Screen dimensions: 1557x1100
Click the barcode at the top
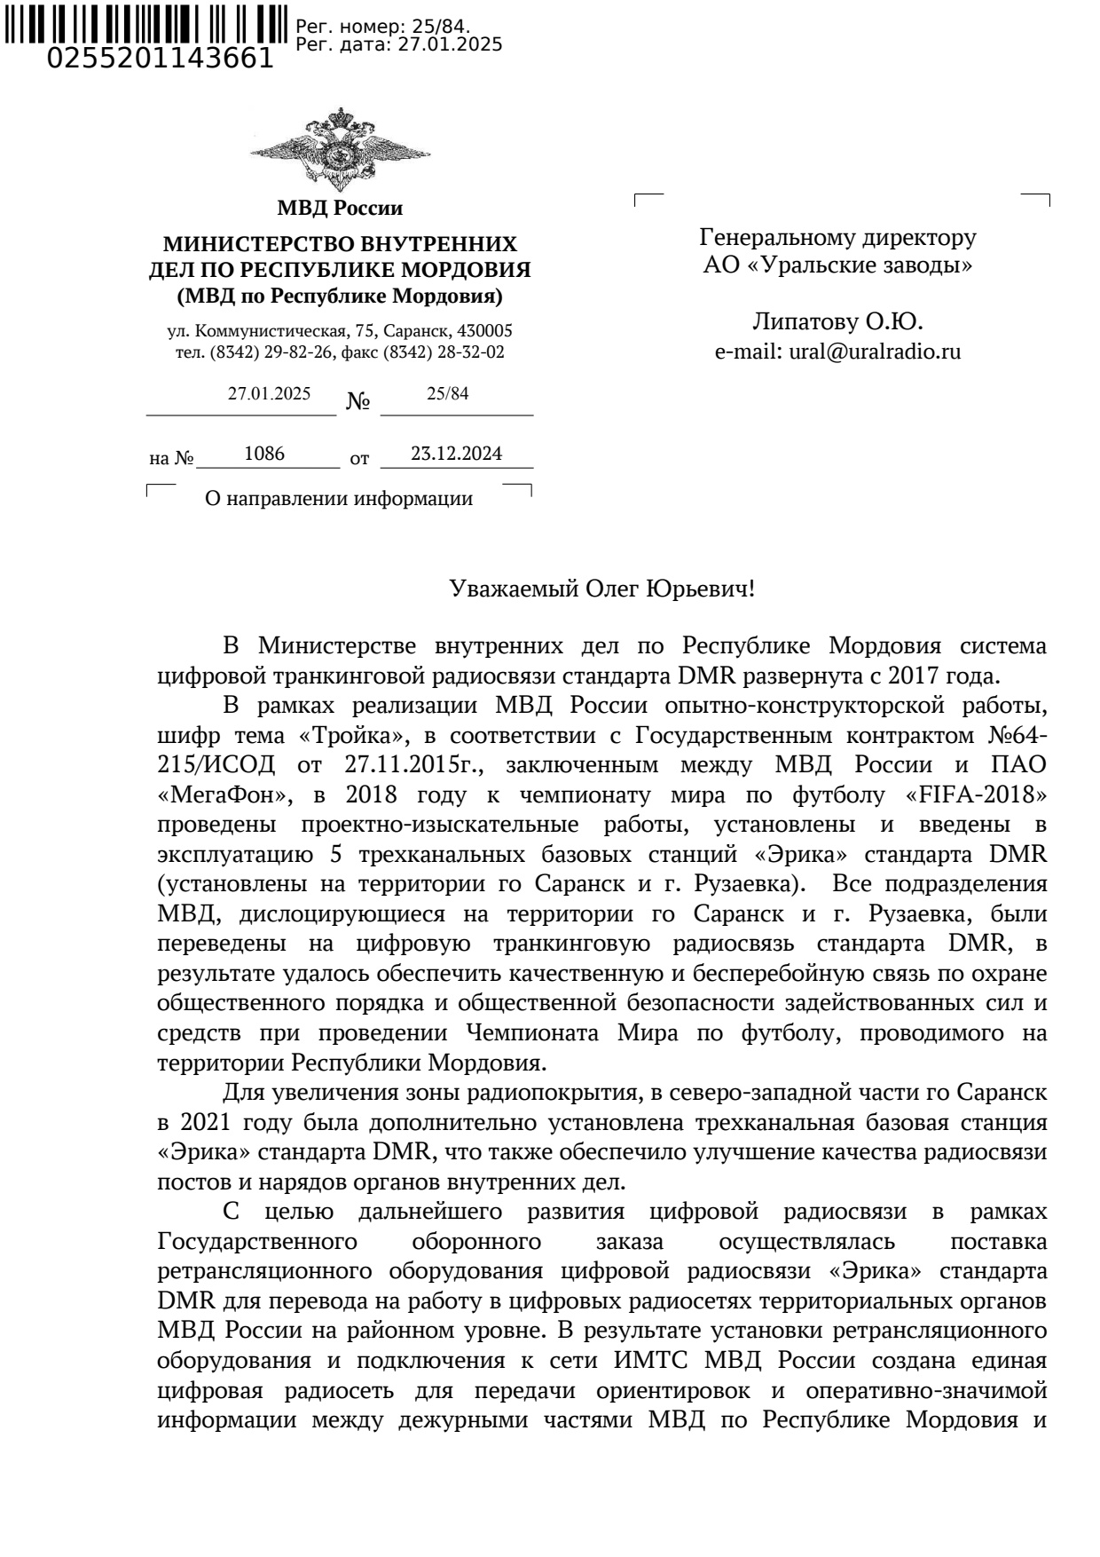(147, 22)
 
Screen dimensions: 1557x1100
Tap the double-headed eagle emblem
(340, 152)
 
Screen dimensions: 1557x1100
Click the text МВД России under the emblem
(340, 209)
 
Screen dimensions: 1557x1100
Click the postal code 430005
(485, 331)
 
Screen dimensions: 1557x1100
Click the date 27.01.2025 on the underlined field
(269, 394)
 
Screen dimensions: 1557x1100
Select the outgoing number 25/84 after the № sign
(447, 394)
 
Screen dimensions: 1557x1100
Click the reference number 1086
(263, 454)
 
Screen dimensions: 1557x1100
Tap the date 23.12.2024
(456, 454)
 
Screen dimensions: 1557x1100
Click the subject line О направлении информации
(338, 499)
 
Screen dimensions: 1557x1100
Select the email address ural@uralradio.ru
(874, 352)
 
